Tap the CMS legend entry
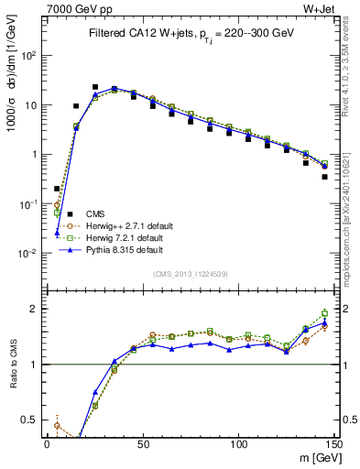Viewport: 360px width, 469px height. pos(83,213)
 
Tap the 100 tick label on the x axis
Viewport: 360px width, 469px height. pos(237,442)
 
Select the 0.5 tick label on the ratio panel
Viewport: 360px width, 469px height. pos(33,420)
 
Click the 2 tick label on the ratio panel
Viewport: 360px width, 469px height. pos(37,309)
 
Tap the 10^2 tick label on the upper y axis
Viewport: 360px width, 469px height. pos(30,55)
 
